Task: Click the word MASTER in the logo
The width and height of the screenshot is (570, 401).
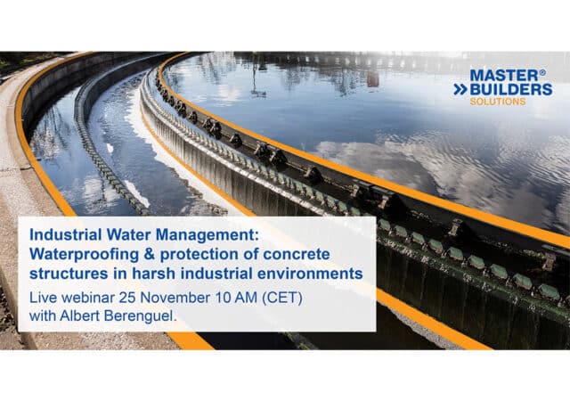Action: click(x=503, y=76)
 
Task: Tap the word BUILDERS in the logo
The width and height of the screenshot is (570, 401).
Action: click(x=511, y=89)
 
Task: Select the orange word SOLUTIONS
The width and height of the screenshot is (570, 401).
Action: click(x=498, y=102)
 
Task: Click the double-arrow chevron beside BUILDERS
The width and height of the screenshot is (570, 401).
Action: click(x=460, y=89)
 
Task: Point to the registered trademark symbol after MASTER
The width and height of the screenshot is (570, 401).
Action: click(x=542, y=72)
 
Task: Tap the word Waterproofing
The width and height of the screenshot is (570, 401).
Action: click(x=84, y=255)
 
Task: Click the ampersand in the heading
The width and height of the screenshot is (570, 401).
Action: click(x=150, y=254)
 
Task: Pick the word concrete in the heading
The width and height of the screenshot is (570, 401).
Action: click(x=297, y=254)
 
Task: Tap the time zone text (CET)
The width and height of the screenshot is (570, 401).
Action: click(x=282, y=298)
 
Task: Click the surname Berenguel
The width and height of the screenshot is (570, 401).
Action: click(x=141, y=315)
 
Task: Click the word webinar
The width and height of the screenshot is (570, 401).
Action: click(x=88, y=298)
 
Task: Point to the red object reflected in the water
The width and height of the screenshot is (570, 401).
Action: click(x=372, y=79)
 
